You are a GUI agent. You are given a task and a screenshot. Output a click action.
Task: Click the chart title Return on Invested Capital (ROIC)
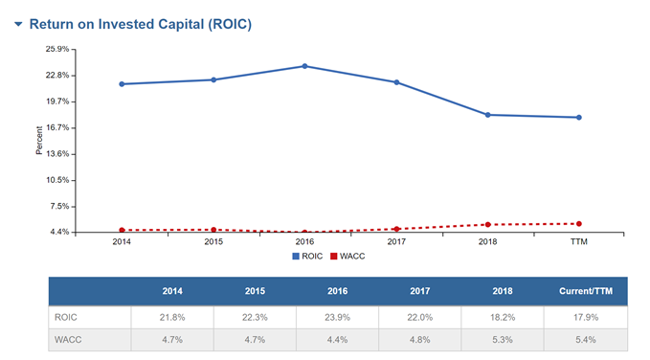[x=140, y=23]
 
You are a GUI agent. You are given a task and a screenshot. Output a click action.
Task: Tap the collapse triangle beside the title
[x=17, y=23]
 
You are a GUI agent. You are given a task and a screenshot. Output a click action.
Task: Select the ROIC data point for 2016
[x=304, y=66]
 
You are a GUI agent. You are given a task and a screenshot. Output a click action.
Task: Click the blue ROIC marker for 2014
[x=122, y=84]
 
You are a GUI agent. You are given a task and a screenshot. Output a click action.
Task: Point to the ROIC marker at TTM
[x=579, y=118]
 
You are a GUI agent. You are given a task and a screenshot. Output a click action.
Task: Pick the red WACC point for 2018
[x=487, y=225]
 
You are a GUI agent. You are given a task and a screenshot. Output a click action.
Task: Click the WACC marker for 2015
[x=213, y=230]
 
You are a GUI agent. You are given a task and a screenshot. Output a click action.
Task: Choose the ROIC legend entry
[x=308, y=256]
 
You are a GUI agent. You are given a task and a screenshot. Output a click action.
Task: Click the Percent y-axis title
[x=39, y=141]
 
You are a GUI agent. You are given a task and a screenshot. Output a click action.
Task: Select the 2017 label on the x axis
[x=396, y=242]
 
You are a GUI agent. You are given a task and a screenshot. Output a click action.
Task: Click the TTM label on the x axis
[x=579, y=242]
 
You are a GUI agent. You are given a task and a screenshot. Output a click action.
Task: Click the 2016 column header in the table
[x=337, y=290]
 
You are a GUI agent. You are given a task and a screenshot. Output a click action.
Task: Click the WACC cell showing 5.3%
[x=503, y=341]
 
